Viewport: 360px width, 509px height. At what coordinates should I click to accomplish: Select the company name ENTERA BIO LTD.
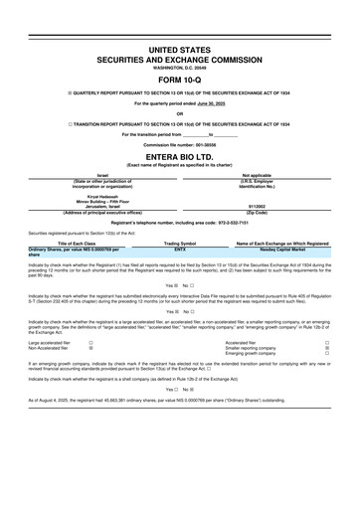pyautogui.click(x=180, y=157)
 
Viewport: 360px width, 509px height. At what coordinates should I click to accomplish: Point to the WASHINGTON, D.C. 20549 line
pyautogui.click(x=180, y=67)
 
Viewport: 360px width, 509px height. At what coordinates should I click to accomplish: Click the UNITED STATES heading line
pyautogui.click(x=180, y=48)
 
